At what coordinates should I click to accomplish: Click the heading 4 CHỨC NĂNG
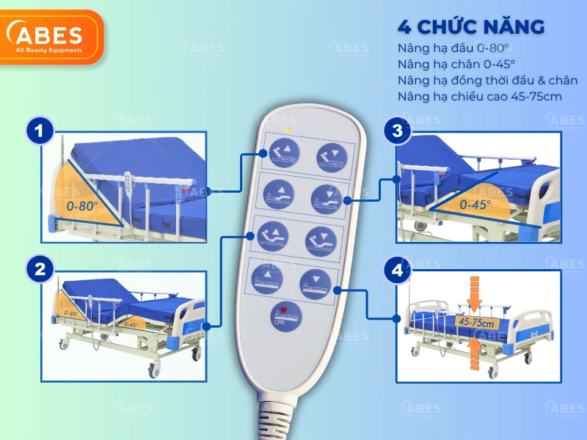(470, 28)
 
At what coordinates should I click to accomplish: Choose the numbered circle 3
(397, 131)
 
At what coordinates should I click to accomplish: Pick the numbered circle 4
(397, 270)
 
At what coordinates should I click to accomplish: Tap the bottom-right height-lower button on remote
(316, 279)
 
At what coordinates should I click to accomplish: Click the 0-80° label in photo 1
(82, 207)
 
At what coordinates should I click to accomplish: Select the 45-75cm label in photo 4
(474, 322)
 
